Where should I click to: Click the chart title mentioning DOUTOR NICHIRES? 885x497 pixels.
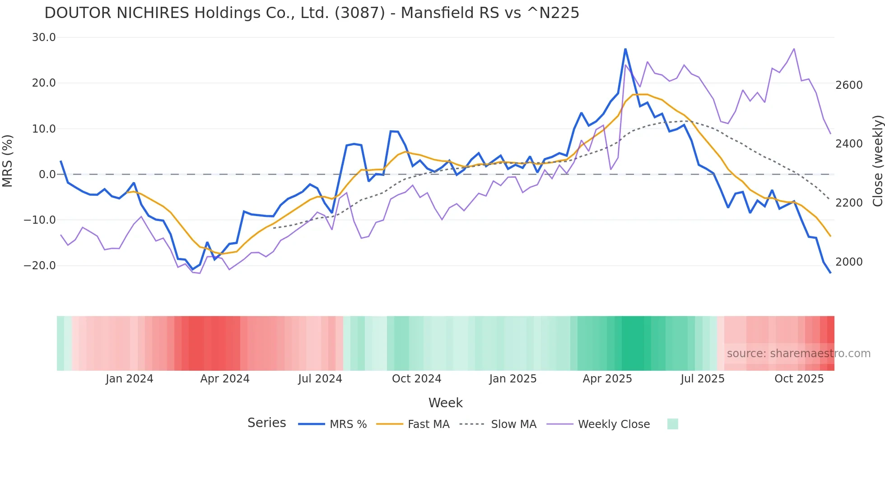pos(312,13)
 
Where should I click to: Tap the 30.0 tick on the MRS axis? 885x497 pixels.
pos(44,37)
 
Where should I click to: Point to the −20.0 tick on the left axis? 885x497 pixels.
pos(40,266)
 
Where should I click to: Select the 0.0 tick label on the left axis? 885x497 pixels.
pos(47,175)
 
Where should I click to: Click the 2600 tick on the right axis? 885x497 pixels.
pos(849,85)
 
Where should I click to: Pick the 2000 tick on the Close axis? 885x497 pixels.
pos(849,262)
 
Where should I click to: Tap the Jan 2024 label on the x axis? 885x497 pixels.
pos(130,379)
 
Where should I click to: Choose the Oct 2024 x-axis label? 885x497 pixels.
pos(416,379)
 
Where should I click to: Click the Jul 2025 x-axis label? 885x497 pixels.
pos(703,379)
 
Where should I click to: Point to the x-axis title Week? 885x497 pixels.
pos(445,403)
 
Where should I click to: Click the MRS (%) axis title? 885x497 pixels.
pos(8,161)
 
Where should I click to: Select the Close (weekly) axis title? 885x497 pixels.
pos(877,161)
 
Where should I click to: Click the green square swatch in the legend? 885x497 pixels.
pos(673,424)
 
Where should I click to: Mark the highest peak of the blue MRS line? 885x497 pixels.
pos(625,49)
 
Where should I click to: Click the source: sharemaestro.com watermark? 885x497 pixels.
pos(798,354)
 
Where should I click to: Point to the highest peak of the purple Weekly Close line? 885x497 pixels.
pos(794,49)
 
